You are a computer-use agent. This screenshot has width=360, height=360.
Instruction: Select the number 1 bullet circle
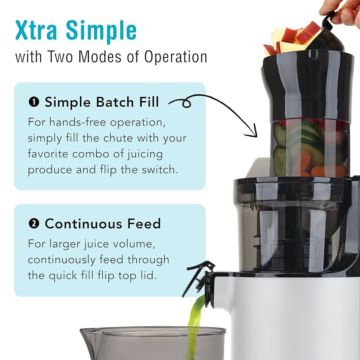(34, 102)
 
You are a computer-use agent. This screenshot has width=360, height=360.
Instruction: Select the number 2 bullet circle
(34, 223)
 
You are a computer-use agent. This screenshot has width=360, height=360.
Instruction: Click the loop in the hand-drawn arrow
(186, 104)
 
